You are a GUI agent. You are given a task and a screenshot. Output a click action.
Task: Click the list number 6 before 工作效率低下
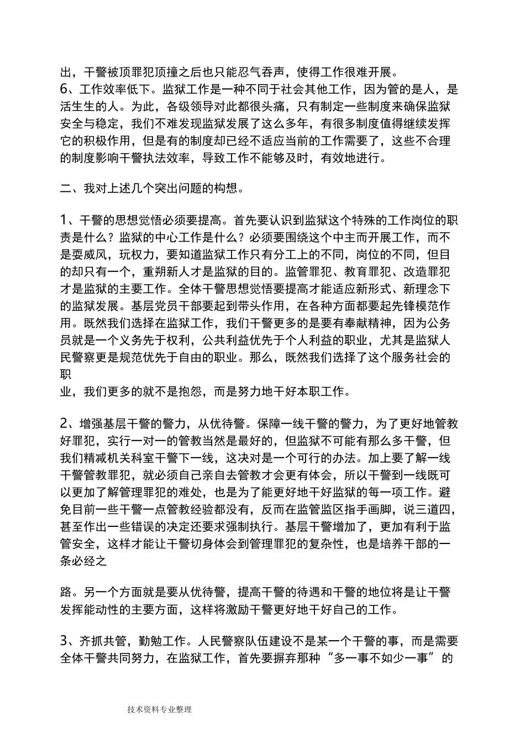[x=64, y=88]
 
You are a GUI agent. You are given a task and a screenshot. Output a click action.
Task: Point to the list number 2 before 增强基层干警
[x=64, y=424]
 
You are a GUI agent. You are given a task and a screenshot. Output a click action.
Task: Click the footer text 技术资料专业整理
[x=159, y=710]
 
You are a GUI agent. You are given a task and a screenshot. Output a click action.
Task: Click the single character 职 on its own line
[x=66, y=374]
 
